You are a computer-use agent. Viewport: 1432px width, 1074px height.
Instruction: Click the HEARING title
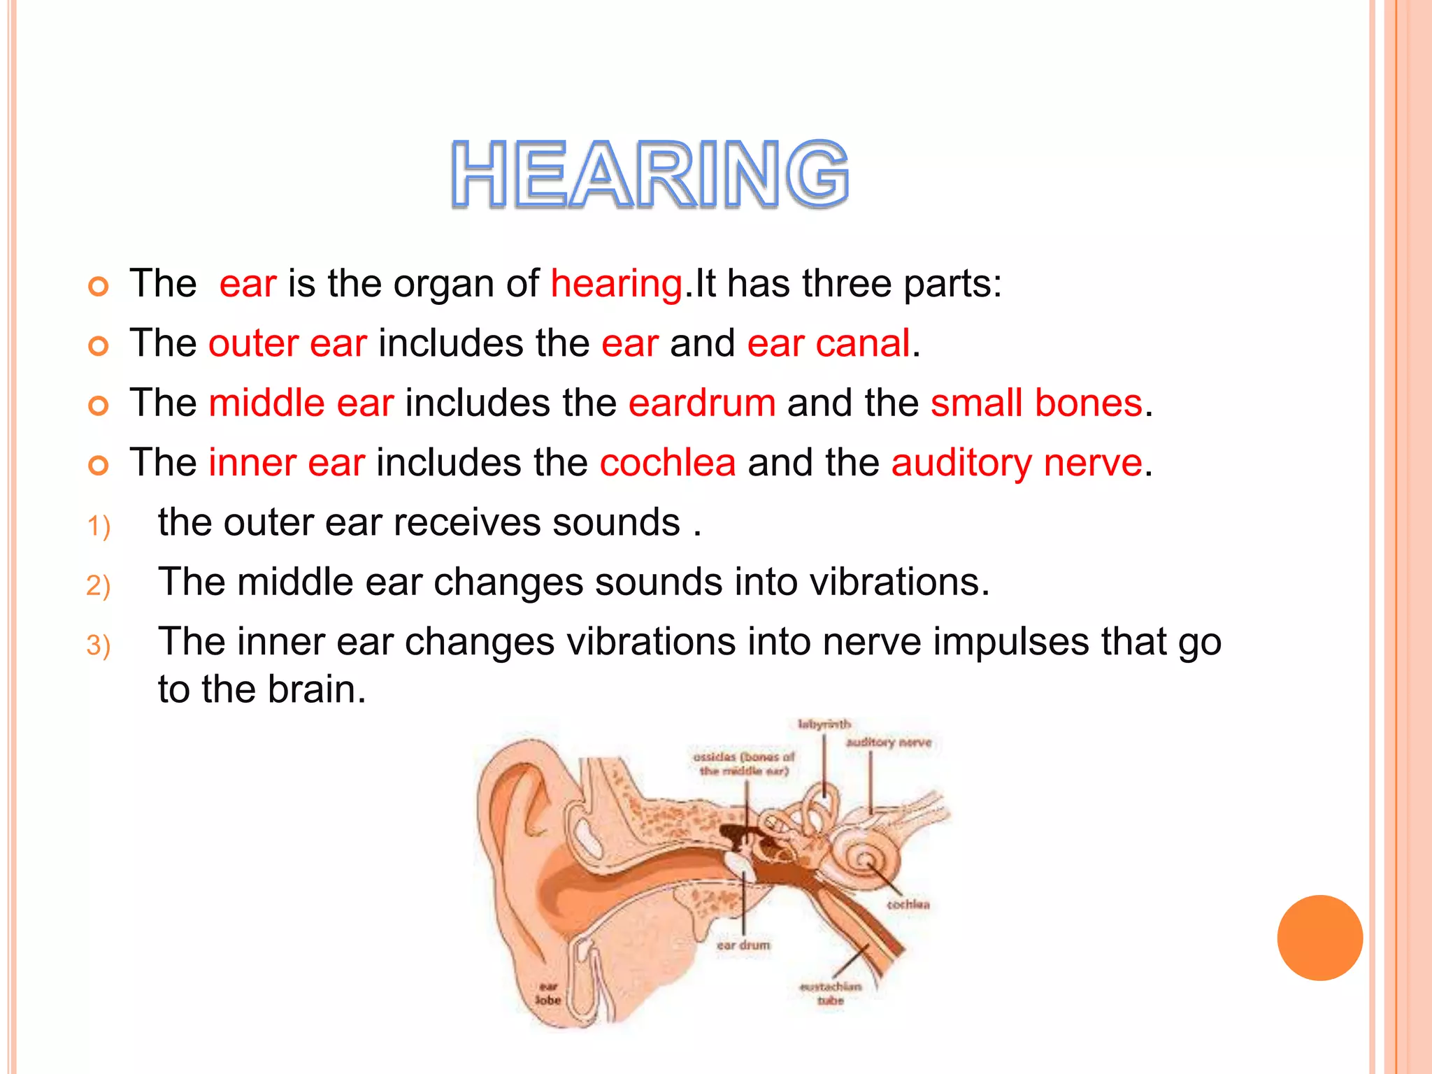pos(650,174)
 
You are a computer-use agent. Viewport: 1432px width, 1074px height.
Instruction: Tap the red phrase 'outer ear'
pos(287,343)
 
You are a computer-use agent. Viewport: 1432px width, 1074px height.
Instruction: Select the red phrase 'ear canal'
pos(829,343)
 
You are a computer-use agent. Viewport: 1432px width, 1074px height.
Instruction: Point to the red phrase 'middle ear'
pos(301,403)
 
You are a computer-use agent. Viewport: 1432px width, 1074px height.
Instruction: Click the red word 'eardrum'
pos(702,403)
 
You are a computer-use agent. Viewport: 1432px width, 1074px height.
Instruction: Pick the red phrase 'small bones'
pos(1037,403)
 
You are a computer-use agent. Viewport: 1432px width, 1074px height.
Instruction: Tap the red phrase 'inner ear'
pos(287,463)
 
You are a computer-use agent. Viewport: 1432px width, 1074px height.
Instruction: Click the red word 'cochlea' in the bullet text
pos(668,463)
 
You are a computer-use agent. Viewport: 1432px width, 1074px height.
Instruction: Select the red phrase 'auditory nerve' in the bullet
pos(1017,463)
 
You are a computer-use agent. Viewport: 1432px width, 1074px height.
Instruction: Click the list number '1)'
pos(99,526)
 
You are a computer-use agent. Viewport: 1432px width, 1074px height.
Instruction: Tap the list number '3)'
pos(99,645)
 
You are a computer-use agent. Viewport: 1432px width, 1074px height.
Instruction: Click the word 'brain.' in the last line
pos(317,690)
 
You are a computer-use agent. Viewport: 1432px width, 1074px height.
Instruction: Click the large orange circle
pos(1319,938)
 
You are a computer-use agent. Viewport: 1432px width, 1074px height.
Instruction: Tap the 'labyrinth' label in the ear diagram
pos(824,724)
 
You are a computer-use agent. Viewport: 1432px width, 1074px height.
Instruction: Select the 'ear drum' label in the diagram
pos(743,945)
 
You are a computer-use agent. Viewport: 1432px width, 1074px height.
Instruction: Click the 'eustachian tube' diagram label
pos(831,994)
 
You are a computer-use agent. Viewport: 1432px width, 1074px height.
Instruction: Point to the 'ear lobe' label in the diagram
pos(548,994)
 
